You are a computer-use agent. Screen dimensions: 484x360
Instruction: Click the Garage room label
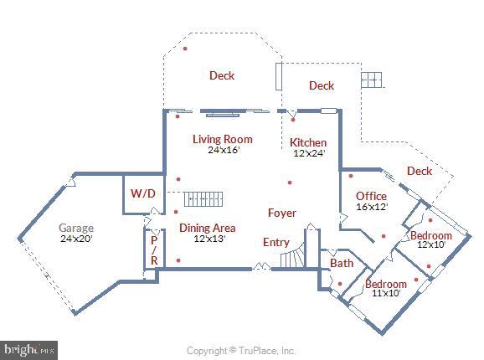76,228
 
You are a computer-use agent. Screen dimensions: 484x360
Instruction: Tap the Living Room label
223,139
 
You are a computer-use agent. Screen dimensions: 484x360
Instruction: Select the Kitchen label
308,142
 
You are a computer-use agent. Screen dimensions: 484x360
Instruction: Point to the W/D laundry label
142,193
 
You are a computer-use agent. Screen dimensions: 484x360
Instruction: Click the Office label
371,196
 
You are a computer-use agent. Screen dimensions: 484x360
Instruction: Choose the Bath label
342,263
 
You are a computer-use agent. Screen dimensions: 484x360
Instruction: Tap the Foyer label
282,213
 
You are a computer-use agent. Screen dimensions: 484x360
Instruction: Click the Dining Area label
208,228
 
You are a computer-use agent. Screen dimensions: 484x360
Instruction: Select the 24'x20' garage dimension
76,239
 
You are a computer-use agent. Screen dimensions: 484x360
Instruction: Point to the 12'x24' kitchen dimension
309,153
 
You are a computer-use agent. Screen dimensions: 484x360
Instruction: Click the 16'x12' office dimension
372,207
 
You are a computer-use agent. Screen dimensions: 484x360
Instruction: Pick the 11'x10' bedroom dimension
386,293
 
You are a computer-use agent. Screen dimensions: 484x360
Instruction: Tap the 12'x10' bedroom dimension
431,244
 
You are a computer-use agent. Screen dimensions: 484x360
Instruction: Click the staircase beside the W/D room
203,199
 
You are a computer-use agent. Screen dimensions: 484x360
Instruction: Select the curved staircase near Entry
292,255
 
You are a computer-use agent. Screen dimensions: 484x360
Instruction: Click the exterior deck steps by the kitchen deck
372,80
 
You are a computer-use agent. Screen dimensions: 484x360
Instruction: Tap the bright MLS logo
28,350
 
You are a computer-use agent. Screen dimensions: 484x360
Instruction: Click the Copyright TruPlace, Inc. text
241,351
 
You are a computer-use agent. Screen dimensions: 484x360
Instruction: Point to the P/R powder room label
154,250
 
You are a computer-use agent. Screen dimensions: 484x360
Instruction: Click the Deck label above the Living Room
222,75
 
